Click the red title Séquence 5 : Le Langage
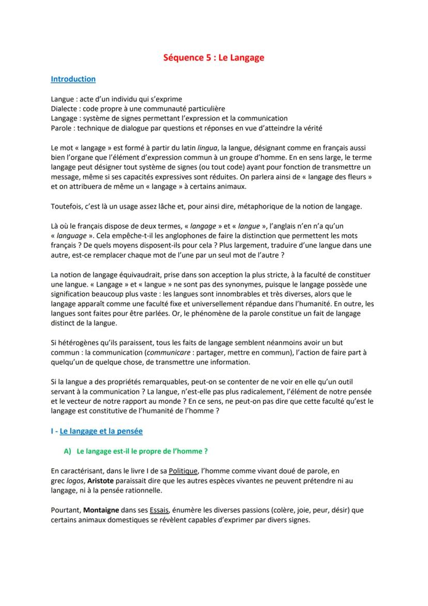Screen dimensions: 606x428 coord(213,57)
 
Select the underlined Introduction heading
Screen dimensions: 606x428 coord(73,79)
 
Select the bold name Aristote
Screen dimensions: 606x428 coord(101,480)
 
